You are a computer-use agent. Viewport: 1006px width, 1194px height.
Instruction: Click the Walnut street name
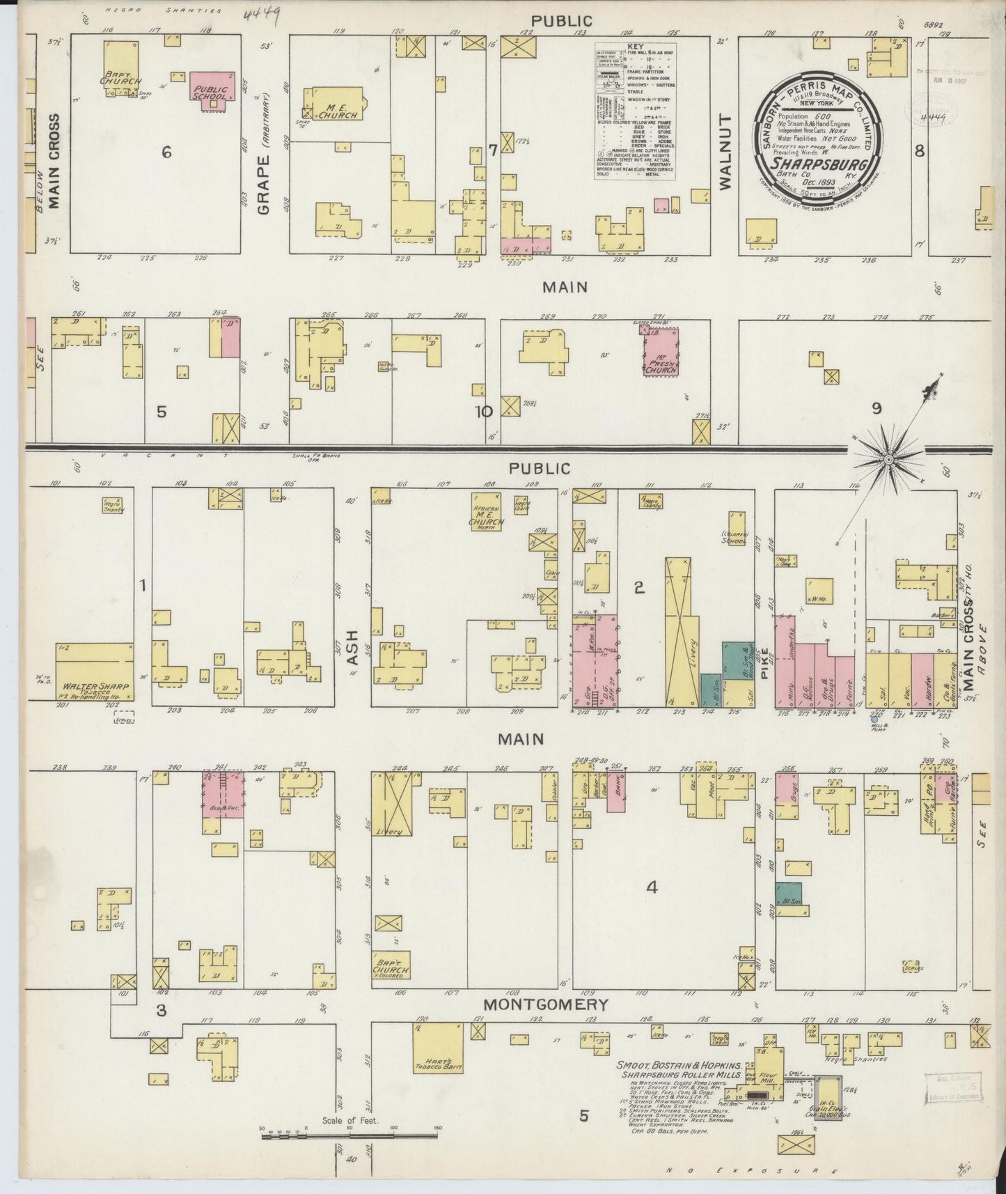click(x=725, y=150)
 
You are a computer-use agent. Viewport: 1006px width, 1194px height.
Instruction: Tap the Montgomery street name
click(x=546, y=1005)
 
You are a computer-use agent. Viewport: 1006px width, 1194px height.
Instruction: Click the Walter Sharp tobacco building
click(x=95, y=672)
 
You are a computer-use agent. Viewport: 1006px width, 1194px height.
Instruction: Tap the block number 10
click(x=483, y=411)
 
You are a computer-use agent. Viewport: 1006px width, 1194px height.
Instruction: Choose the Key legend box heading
click(x=636, y=47)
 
